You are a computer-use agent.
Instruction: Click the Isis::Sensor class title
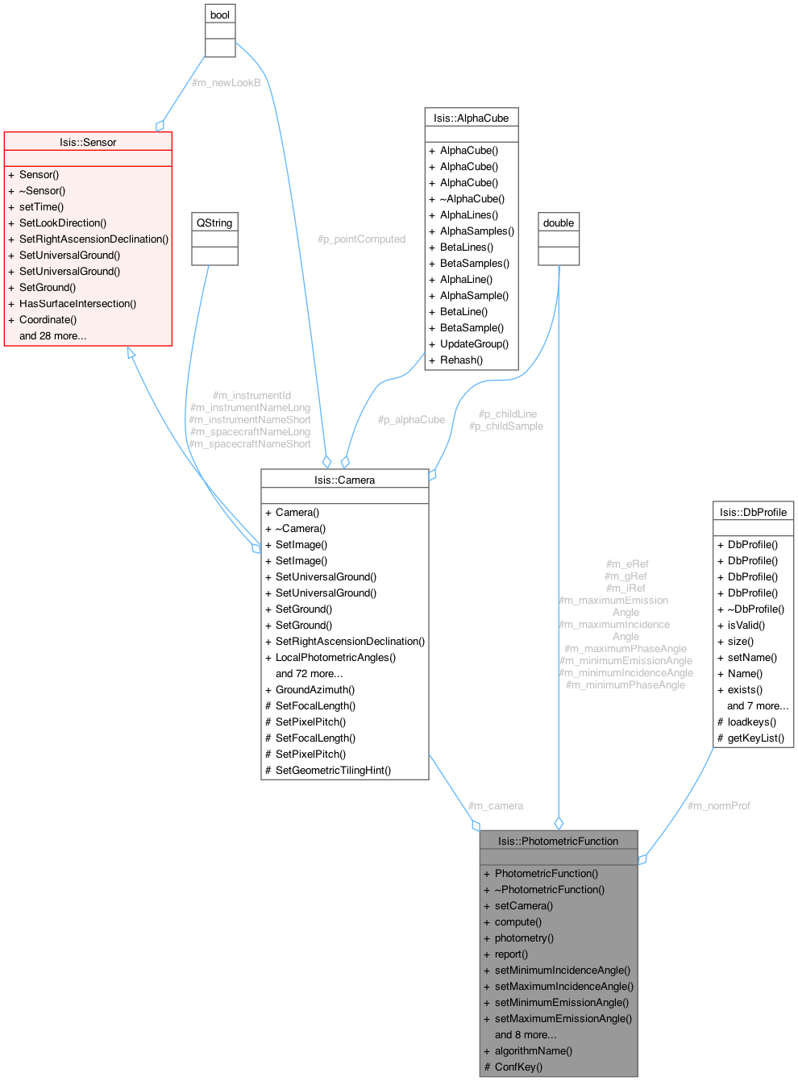pos(88,142)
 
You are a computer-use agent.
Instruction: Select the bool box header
pos(220,15)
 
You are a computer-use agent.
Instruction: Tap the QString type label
pos(214,222)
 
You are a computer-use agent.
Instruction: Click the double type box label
pos(559,222)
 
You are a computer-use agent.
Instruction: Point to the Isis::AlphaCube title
pos(471,118)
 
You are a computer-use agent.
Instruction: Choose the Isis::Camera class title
pos(344,480)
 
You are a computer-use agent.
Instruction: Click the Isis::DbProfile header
pos(753,512)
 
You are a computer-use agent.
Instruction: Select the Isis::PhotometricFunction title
pos(558,841)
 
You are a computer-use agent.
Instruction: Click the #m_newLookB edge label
pos(226,82)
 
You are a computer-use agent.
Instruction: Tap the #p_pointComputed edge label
pos(361,239)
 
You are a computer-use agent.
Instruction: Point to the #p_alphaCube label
pos(411,420)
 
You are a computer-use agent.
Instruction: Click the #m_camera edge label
pos(496,805)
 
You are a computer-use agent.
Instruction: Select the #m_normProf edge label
pos(718,805)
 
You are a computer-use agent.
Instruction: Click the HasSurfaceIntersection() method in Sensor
pos(77,303)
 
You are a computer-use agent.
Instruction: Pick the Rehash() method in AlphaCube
pos(461,360)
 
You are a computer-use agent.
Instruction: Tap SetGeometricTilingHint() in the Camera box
pos(333,770)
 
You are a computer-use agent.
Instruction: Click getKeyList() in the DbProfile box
pos(755,738)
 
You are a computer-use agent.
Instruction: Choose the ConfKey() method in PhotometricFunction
pos(518,1066)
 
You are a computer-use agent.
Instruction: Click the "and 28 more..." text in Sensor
pos(53,335)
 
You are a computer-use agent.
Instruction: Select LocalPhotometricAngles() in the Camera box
pos(335,657)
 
